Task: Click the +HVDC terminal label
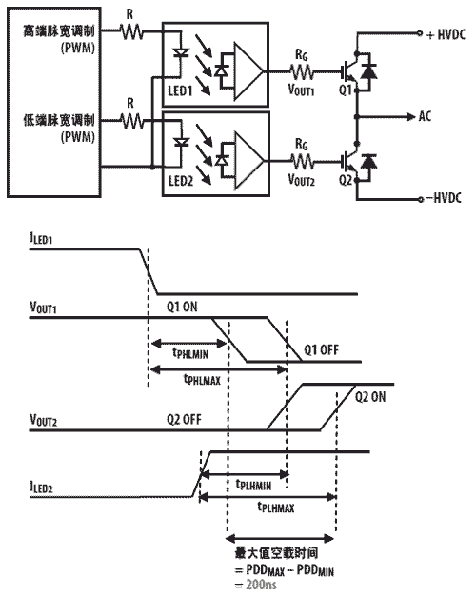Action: (446, 34)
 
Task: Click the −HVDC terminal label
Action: (444, 198)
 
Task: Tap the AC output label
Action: (425, 116)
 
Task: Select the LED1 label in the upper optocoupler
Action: (180, 91)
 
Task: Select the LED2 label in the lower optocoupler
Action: (181, 181)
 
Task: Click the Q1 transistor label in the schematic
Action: (346, 90)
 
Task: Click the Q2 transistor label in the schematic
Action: (346, 180)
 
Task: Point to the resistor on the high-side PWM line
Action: (131, 31)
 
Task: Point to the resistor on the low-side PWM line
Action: (131, 121)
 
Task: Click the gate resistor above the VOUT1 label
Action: (302, 71)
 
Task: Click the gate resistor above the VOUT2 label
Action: (303, 161)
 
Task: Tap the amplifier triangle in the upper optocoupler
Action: (248, 71)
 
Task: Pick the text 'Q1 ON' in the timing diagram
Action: (182, 307)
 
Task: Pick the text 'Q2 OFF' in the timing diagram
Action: (184, 420)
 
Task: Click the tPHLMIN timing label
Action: (190, 353)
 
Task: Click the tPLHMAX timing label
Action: (276, 507)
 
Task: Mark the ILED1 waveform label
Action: (41, 238)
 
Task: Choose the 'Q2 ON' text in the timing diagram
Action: (370, 397)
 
